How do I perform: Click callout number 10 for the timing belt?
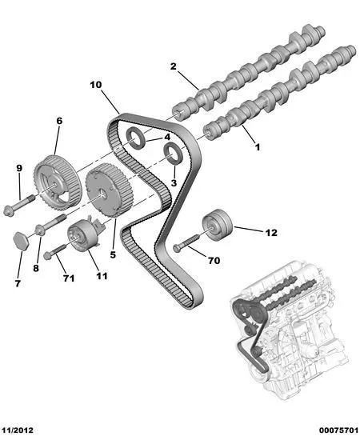coord(96,85)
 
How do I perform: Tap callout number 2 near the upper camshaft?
coord(174,66)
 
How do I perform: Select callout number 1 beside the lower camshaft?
coord(258,147)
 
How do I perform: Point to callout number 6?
coord(59,121)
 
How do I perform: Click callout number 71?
coord(69,278)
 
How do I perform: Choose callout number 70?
coord(214,261)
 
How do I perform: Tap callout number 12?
coord(271,233)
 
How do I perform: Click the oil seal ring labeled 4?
coord(136,138)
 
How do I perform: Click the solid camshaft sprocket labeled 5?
coord(109,190)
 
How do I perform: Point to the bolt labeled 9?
coord(19,206)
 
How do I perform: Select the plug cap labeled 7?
coord(21,241)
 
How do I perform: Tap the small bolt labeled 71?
coord(54,251)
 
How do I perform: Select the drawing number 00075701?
coord(338,430)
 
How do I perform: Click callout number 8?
coord(36,268)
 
